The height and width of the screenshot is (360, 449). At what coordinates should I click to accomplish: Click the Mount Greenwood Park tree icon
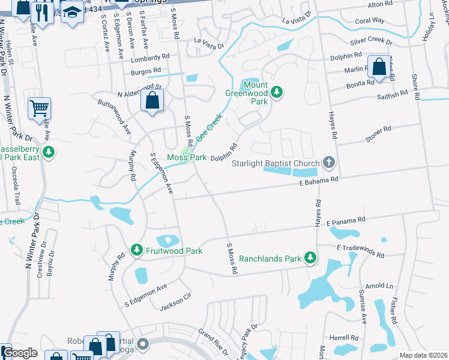(x=276, y=92)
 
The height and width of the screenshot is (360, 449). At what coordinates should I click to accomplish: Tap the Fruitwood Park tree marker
(x=137, y=250)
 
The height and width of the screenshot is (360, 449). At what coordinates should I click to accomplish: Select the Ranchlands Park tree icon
(x=310, y=257)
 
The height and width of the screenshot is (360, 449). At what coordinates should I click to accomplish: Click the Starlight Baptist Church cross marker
(x=328, y=161)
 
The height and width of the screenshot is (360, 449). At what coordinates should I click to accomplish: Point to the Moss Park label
(x=187, y=157)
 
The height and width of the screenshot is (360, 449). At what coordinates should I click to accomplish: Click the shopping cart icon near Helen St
(x=39, y=109)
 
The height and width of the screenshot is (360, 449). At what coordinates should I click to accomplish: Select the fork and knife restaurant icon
(x=43, y=13)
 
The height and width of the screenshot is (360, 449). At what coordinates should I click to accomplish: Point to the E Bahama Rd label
(x=316, y=179)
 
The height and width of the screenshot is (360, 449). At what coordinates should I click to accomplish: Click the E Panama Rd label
(x=346, y=222)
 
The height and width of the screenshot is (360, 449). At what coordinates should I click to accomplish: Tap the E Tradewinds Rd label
(x=360, y=250)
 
